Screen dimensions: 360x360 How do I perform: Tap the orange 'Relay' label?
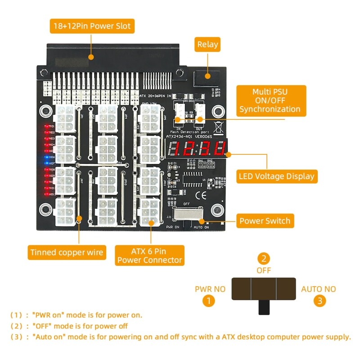point(207,44)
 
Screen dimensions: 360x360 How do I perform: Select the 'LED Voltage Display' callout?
point(277,176)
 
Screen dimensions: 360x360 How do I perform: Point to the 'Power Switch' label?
point(265,221)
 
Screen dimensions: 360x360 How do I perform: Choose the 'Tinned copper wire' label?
point(67,252)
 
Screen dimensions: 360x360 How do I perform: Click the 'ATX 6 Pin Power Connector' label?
point(149,255)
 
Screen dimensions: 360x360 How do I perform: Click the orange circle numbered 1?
point(208,301)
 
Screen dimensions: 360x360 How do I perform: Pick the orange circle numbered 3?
point(319,301)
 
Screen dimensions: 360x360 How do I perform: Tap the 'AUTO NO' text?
point(319,289)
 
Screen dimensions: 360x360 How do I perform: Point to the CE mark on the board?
point(210,195)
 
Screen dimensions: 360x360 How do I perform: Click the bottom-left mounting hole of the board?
point(45,209)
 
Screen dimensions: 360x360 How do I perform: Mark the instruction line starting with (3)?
point(180,337)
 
